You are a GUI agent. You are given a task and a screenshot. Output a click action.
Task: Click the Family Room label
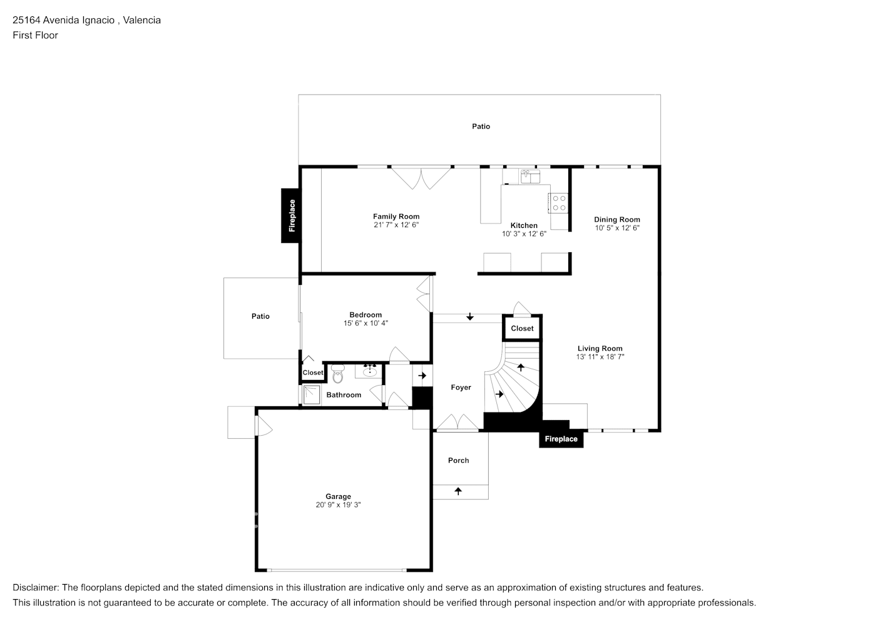[x=396, y=217]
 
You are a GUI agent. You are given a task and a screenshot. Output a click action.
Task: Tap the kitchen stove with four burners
[x=558, y=203]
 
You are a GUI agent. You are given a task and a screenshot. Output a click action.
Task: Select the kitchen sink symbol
[x=529, y=176]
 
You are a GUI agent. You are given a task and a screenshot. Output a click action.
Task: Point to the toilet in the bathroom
[x=338, y=374]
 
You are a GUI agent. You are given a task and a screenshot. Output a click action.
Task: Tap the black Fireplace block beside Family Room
[x=291, y=215]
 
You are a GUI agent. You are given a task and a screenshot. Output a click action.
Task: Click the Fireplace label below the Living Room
[x=561, y=439]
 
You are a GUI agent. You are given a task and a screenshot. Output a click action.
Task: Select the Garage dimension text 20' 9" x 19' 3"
[x=338, y=505]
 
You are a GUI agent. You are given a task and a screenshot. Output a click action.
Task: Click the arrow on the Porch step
[x=458, y=491]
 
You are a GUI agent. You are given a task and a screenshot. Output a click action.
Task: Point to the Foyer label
[x=461, y=387]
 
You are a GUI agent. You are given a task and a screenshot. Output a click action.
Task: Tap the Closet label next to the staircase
[x=522, y=329]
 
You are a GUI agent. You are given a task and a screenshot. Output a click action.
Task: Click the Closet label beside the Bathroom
[x=312, y=372]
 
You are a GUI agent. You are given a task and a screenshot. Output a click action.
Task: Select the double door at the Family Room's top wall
[x=420, y=177]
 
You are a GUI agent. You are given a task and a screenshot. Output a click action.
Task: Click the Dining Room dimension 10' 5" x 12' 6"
[x=616, y=228]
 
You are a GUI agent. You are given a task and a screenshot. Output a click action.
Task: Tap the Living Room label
[x=600, y=349]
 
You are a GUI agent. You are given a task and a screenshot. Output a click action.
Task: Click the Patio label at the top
[x=481, y=126]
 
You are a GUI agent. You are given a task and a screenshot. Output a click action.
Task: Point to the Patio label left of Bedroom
[x=260, y=316]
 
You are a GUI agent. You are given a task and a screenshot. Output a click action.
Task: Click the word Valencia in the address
[x=142, y=20]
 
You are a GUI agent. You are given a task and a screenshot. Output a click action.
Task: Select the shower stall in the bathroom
[x=311, y=395]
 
